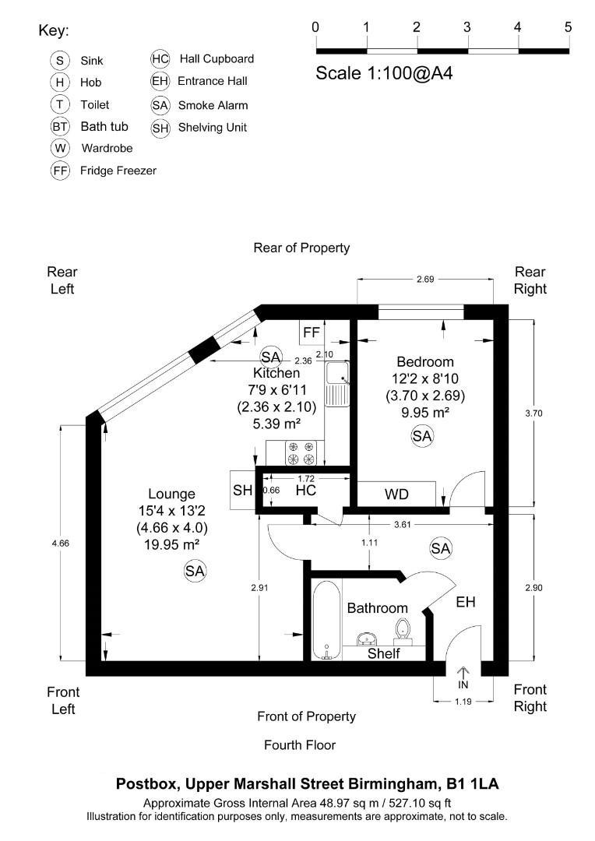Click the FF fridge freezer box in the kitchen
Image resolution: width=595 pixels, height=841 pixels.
312,333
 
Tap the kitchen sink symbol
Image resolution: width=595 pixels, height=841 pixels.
338,385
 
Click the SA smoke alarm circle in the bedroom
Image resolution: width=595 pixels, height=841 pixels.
421,437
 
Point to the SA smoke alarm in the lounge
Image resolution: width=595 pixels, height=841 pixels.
194,572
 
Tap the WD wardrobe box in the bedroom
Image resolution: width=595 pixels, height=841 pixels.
397,494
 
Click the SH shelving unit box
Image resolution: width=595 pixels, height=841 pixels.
242,491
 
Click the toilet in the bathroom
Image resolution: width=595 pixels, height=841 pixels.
403,628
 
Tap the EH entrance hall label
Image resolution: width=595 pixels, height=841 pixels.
466,602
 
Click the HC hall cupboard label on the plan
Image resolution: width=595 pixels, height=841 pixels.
305,491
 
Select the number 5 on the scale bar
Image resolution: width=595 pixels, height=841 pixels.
568,27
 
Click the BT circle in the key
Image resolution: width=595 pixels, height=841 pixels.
60,126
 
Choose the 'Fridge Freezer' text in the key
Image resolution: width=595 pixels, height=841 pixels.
118,171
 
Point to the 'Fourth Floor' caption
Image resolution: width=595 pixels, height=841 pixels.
300,745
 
